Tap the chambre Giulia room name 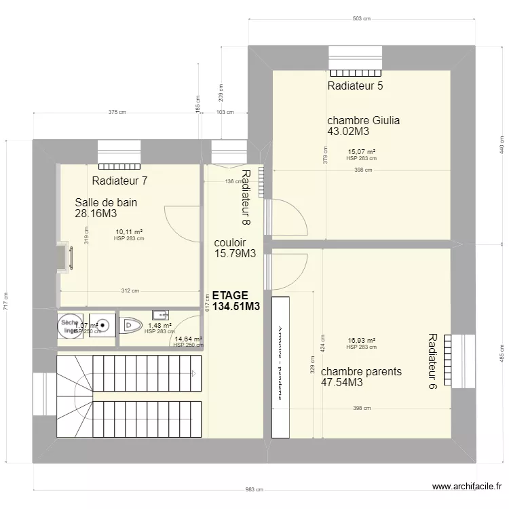coord(363,121)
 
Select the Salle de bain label coord(106,202)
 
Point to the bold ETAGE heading coord(230,296)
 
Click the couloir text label coord(229,242)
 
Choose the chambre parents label coord(361,372)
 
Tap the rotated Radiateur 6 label coord(432,360)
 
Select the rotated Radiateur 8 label coord(245,197)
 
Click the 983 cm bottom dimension coord(254,490)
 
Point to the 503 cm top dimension coord(361,20)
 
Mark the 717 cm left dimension coord(6,300)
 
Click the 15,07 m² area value coord(361,152)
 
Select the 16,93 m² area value coord(361,341)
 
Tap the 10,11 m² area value coord(128,231)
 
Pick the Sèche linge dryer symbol coord(69,326)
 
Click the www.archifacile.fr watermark coord(468,487)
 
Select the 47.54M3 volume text coord(341,383)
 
